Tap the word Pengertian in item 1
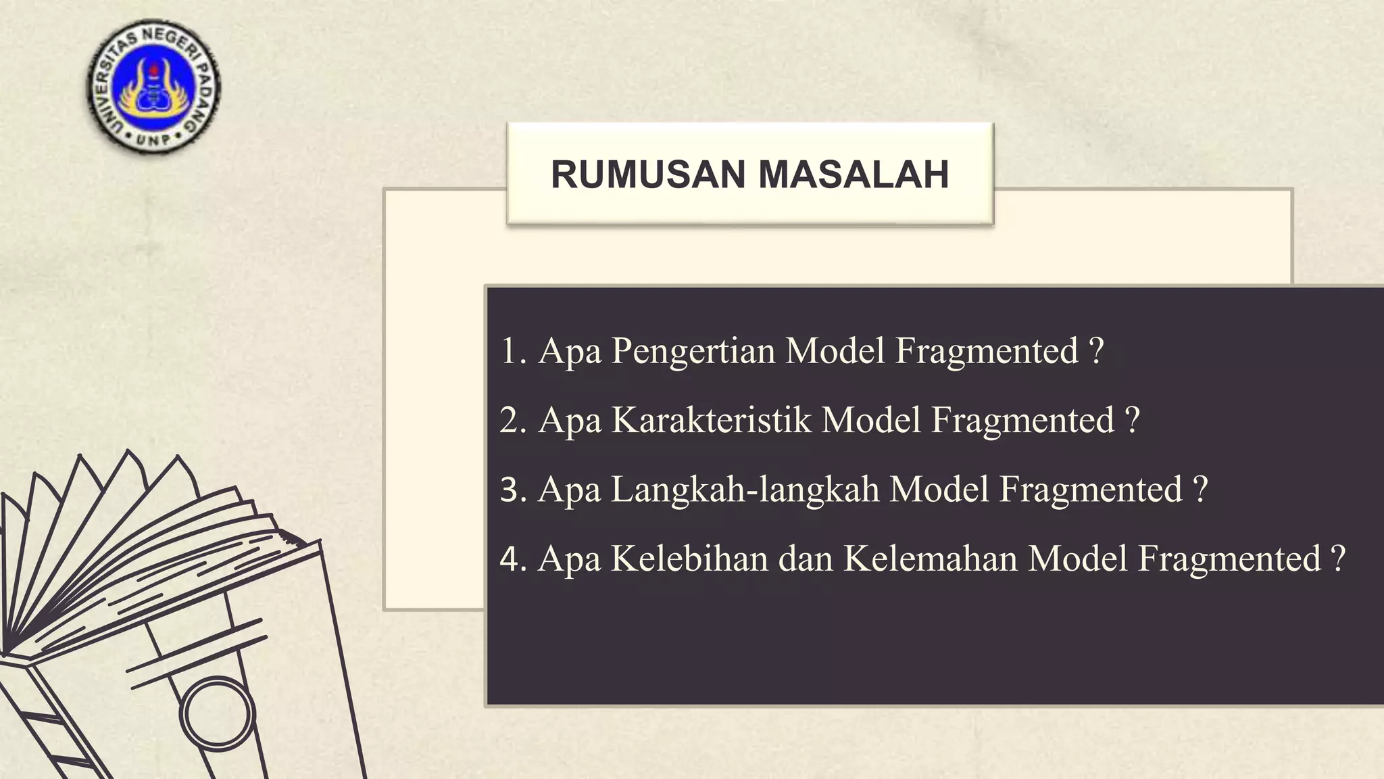693,352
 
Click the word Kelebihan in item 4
689,559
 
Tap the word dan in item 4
806,559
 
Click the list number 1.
510,352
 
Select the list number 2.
512,421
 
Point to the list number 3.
512,490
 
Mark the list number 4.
512,559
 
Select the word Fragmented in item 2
1023,421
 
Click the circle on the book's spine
217,714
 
